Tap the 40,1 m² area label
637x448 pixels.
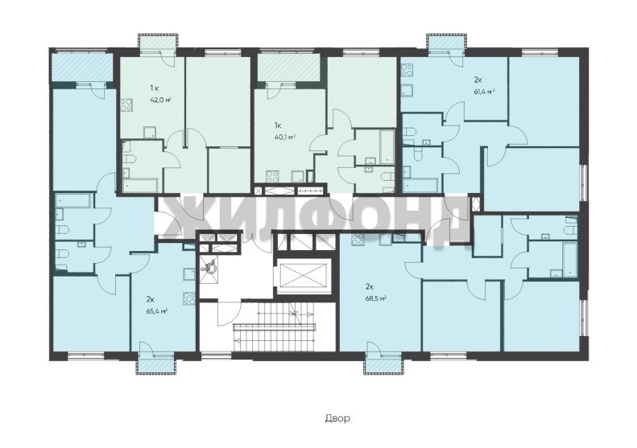point(285,138)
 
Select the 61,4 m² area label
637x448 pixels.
point(484,92)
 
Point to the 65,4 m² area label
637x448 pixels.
point(157,311)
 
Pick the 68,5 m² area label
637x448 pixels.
point(375,298)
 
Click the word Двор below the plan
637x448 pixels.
point(337,418)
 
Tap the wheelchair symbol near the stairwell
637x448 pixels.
point(209,267)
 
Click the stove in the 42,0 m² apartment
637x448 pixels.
point(126,105)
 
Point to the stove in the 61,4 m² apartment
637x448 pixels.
point(407,71)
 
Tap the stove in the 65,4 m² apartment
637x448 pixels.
point(189,298)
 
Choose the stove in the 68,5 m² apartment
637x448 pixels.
point(358,240)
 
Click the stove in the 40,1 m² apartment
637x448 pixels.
point(271,177)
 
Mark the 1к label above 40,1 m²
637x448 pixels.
point(278,125)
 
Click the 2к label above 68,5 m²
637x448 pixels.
point(370,287)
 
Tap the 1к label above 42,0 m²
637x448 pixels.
point(154,88)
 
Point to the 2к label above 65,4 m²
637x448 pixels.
point(151,299)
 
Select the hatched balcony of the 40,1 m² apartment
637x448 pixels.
point(287,68)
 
